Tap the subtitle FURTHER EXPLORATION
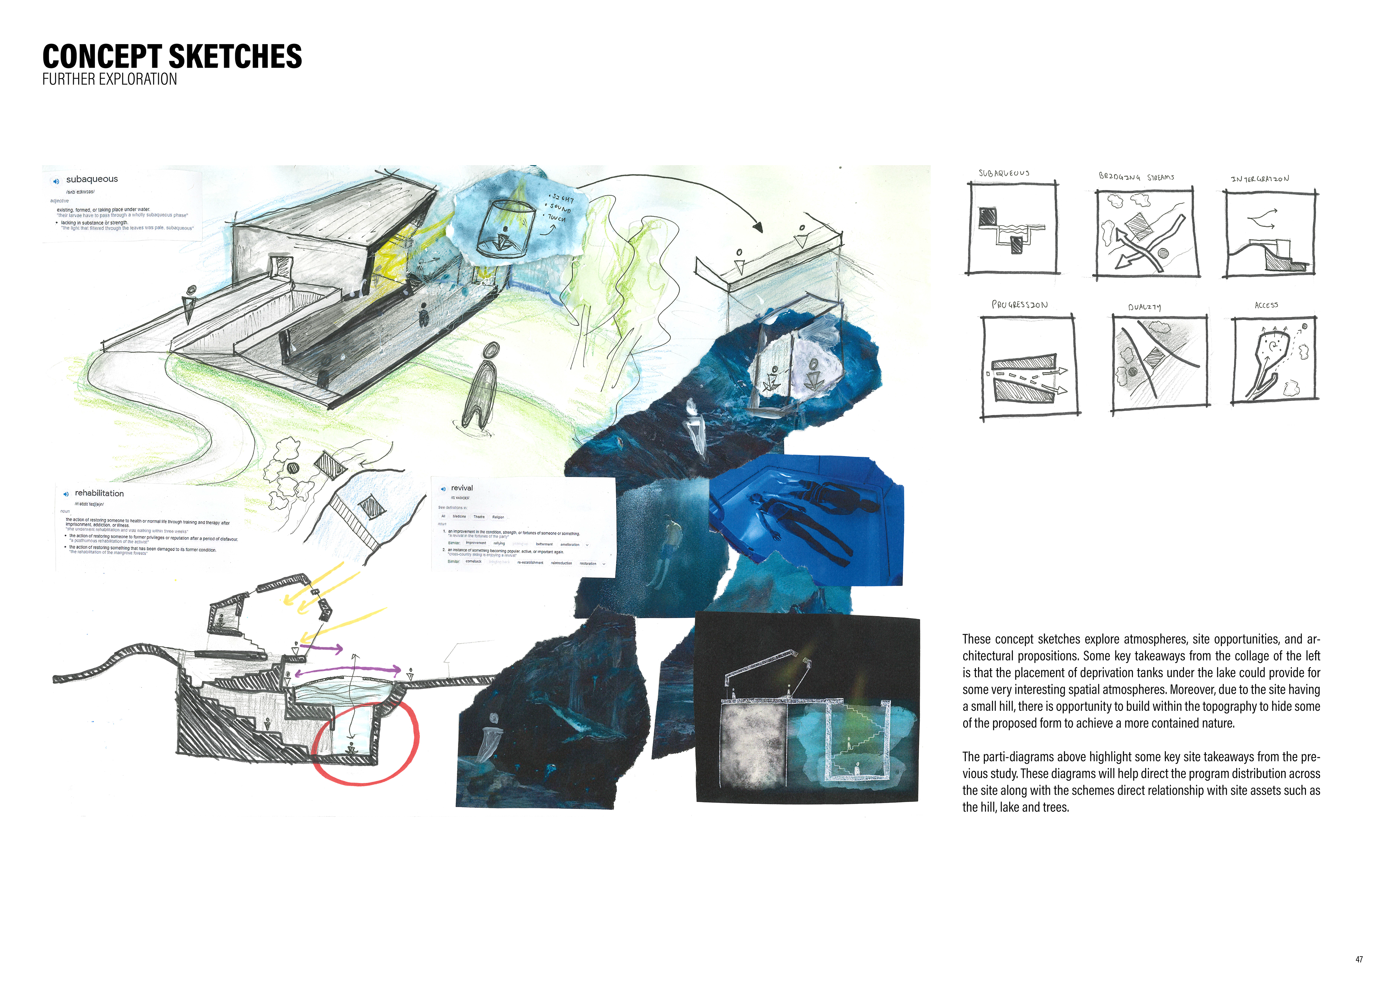click(x=110, y=79)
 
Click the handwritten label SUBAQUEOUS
click(x=1004, y=173)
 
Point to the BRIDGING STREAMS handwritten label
click(x=1136, y=177)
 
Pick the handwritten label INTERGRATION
click(x=1259, y=178)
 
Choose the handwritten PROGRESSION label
click(x=1019, y=304)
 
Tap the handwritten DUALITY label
click(x=1144, y=307)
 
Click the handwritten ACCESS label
click(x=1266, y=305)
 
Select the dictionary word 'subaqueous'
click(x=92, y=179)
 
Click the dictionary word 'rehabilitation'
click(x=99, y=493)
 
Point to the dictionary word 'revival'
click(x=462, y=488)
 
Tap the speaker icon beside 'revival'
click(x=443, y=489)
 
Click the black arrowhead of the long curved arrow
click(x=757, y=228)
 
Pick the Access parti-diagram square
click(x=1275, y=360)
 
